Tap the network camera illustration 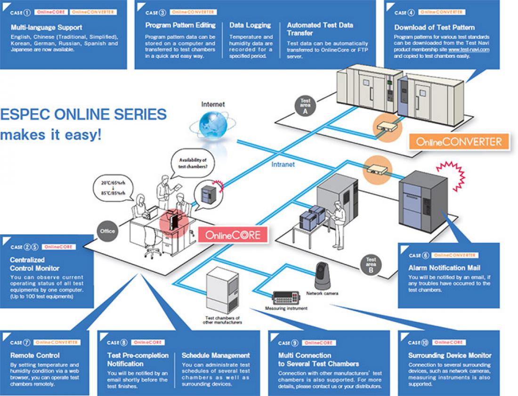(323, 275)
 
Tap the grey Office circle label (107, 231)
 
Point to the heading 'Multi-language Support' (46, 28)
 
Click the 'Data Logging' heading (250, 25)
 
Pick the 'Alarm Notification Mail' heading (444, 268)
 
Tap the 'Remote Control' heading (35, 355)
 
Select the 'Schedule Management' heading (216, 355)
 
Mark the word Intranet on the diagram (283, 165)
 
